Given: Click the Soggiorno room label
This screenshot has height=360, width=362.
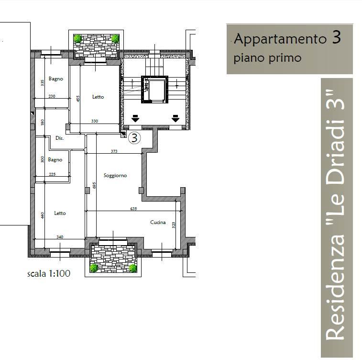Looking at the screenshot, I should tap(115, 176).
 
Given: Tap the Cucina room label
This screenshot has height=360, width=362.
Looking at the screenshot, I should tap(158, 222).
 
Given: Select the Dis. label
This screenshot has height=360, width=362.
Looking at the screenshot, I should tap(59, 138).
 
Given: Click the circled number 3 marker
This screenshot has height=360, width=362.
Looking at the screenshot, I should tap(135, 138).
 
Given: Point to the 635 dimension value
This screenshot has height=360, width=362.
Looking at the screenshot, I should tap(133, 208).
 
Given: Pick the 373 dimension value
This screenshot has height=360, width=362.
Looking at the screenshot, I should tap(114, 151).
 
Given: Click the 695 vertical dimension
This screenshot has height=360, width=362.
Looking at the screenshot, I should tap(94, 186).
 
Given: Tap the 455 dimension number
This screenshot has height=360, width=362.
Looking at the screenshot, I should tap(78, 99).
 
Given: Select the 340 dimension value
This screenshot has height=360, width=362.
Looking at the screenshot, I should tap(59, 237).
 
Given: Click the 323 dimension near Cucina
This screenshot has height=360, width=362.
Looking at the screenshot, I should tap(174, 225).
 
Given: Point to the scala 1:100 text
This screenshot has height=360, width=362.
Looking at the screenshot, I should tap(49, 274).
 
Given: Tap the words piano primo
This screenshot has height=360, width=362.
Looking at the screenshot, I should tap(267, 58).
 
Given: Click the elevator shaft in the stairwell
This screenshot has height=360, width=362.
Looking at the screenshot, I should tap(155, 90).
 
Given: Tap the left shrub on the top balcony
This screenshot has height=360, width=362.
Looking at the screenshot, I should tap(77, 38).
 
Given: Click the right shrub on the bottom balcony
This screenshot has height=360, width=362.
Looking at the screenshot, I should tap(132, 268).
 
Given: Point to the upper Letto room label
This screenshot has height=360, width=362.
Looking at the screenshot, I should tap(98, 97).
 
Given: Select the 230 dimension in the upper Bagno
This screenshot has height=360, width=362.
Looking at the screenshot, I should tap(52, 96).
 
